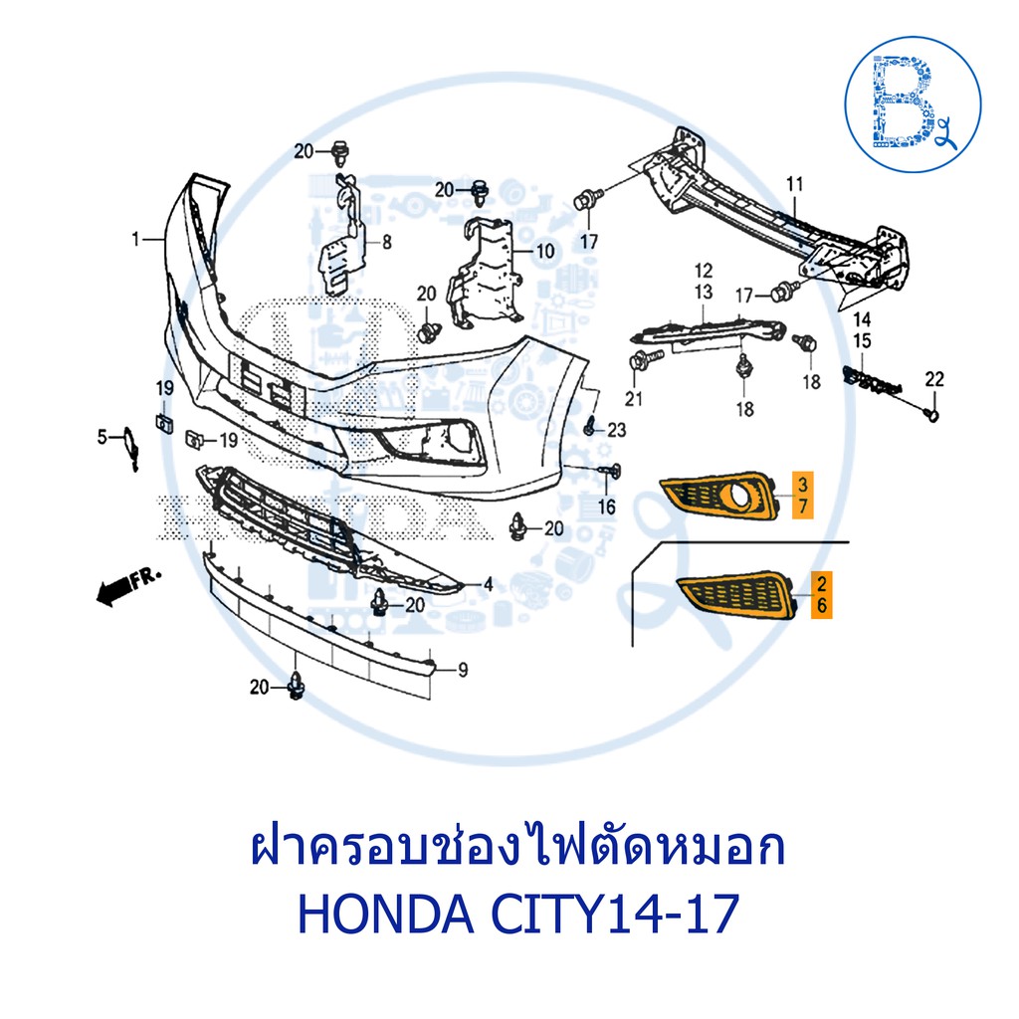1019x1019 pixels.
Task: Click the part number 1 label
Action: tap(135, 240)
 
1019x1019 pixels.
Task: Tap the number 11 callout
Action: tap(795, 184)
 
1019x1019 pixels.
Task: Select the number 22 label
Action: tap(934, 379)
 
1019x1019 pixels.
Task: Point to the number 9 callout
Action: tap(463, 670)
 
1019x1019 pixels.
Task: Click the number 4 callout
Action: tap(488, 585)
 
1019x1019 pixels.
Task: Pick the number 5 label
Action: tap(102, 437)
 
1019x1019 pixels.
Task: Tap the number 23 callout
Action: tap(616, 430)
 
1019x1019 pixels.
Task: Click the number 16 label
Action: tap(606, 507)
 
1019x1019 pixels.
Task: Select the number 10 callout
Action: tap(544, 251)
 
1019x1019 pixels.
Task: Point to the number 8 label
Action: tap(387, 243)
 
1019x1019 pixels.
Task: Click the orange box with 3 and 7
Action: tap(803, 495)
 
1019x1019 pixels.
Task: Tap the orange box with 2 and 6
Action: tap(821, 594)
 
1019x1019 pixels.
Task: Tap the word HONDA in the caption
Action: tap(386, 914)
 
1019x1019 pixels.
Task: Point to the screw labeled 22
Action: tap(931, 413)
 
